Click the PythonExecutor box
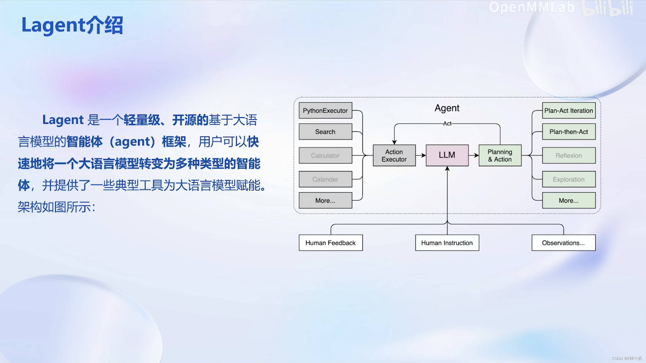click(325, 111)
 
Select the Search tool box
click(325, 132)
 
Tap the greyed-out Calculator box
click(325, 156)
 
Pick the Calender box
click(325, 179)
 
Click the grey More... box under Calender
click(325, 200)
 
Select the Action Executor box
click(394, 156)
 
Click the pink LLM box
click(447, 155)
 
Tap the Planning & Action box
click(500, 156)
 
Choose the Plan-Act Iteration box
click(569, 111)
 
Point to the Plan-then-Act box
click(569, 132)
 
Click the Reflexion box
click(569, 156)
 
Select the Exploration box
click(569, 179)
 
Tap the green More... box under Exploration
click(569, 200)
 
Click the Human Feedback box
click(331, 243)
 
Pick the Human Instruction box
click(447, 243)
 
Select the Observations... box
click(563, 243)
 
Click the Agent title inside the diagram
click(447, 108)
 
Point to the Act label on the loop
click(447, 124)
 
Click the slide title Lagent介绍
click(72, 25)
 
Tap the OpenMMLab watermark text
click(532, 7)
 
